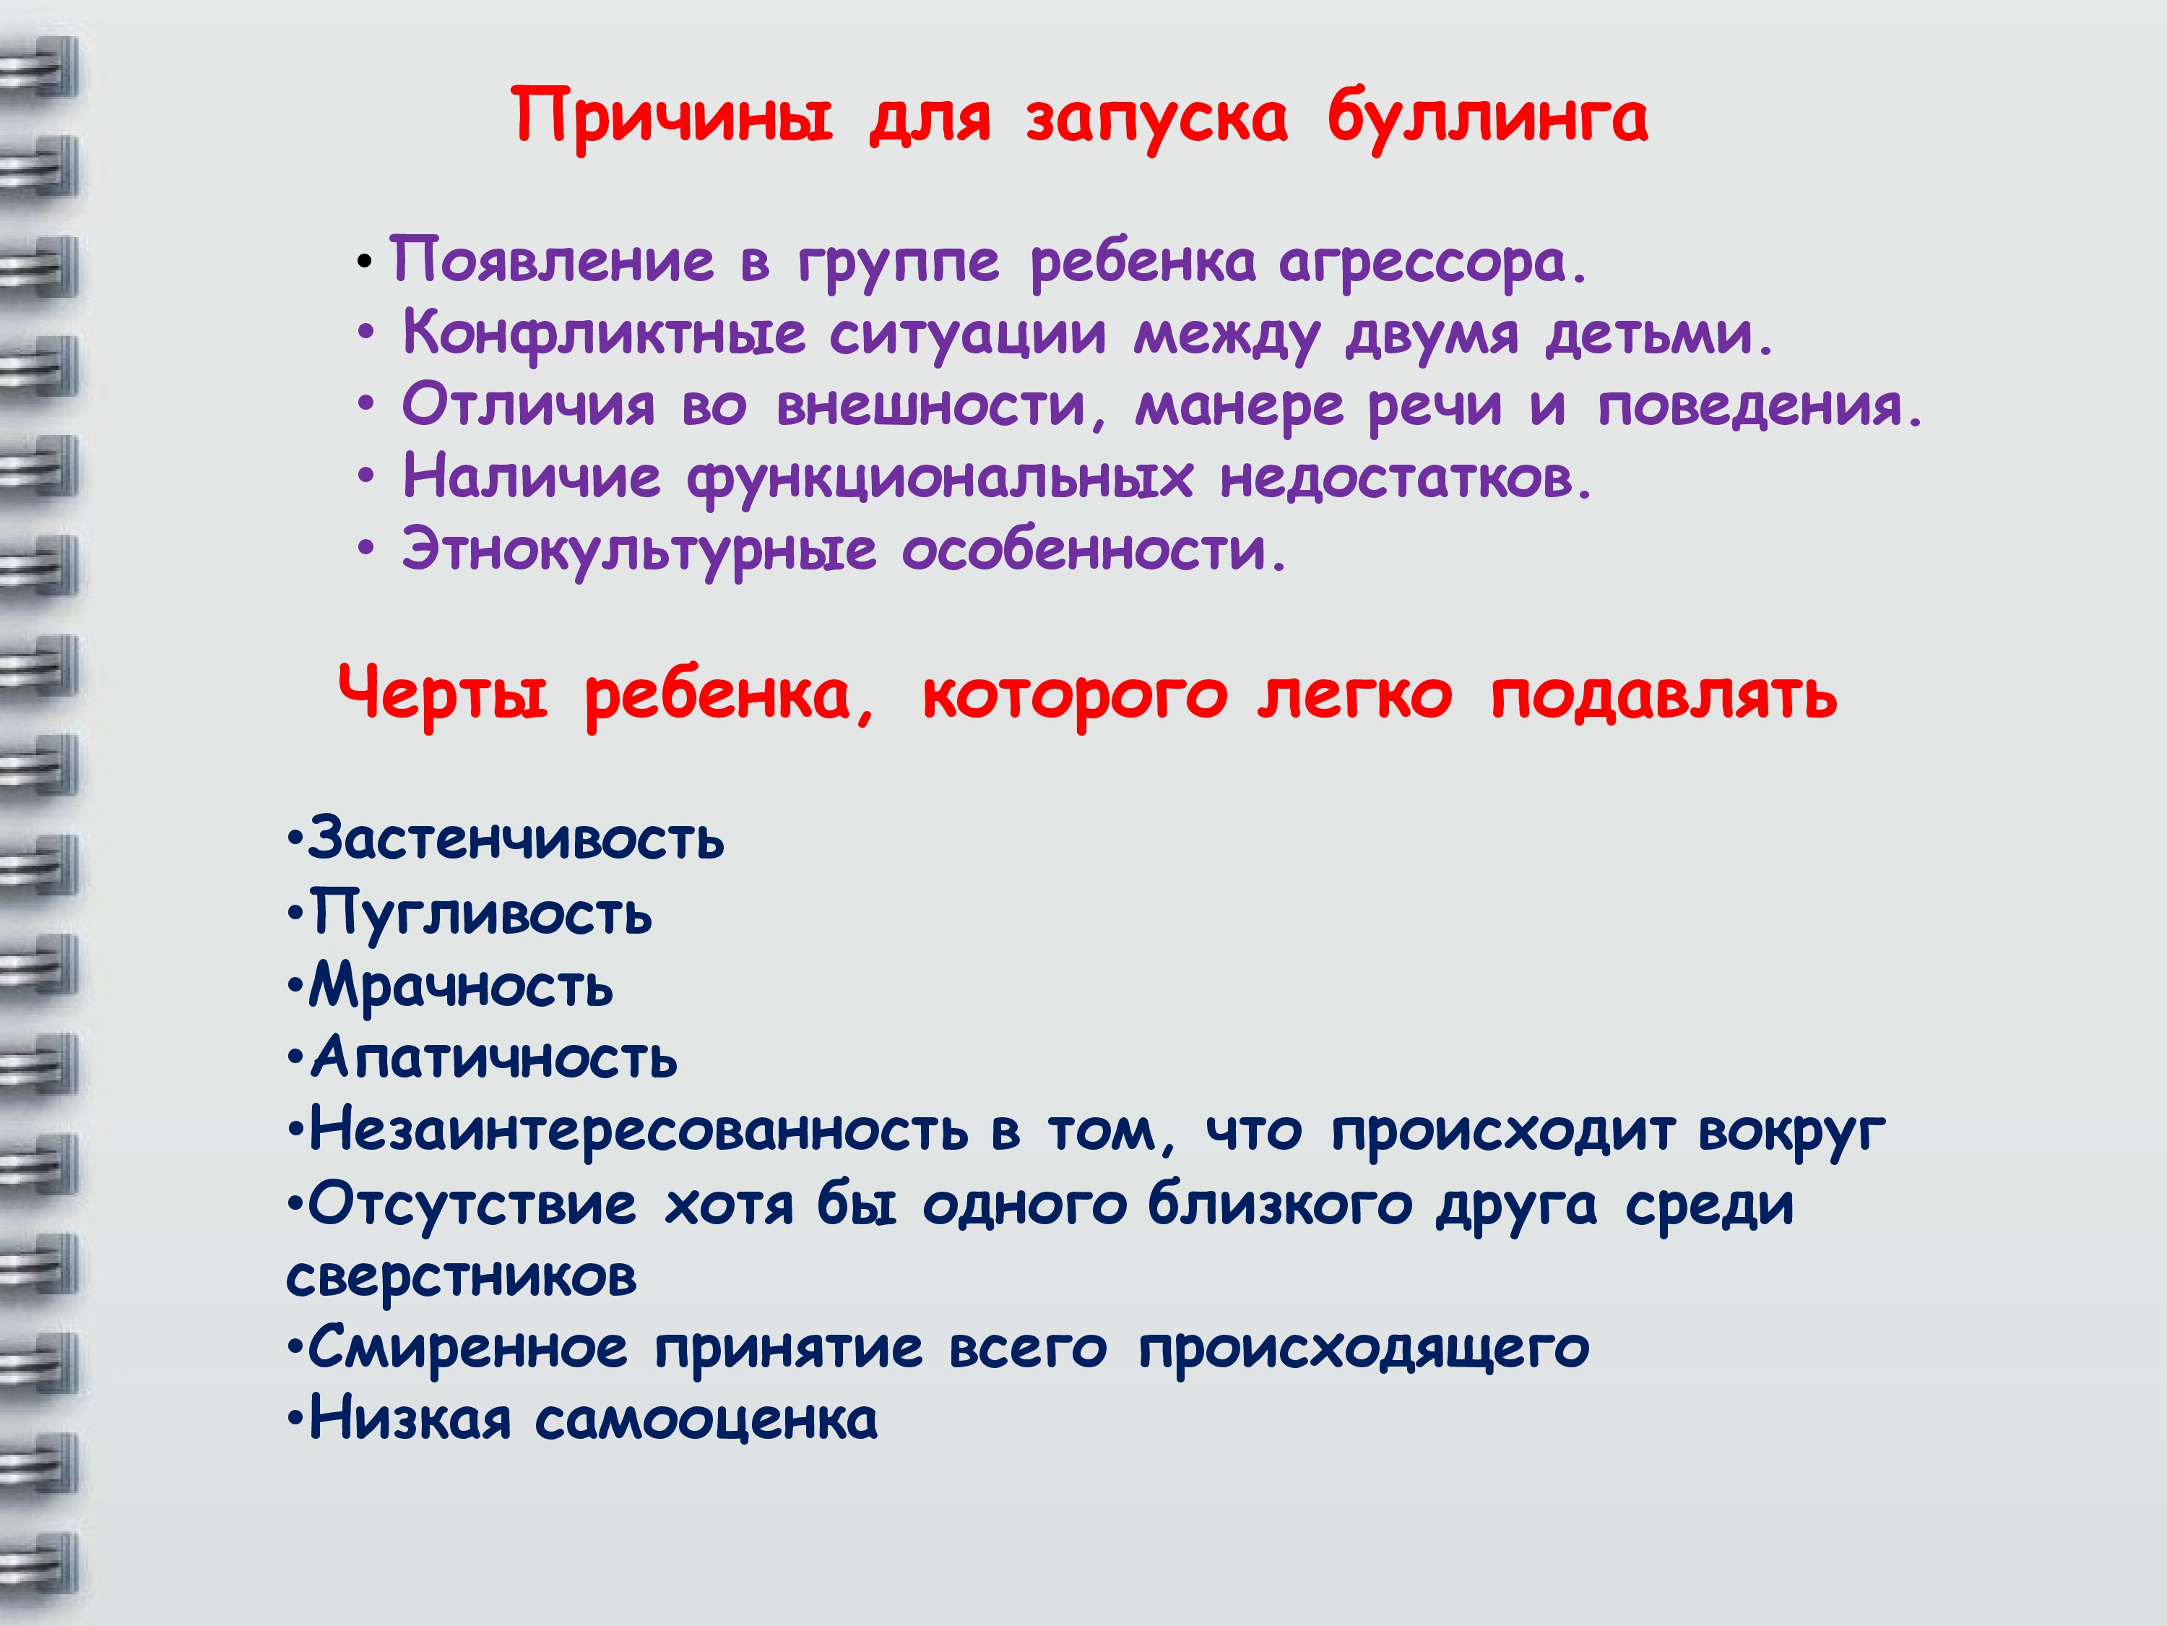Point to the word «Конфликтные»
(x=603, y=333)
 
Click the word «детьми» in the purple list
(x=1658, y=333)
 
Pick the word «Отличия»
(x=528, y=405)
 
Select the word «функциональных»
(x=940, y=479)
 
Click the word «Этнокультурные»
(x=639, y=551)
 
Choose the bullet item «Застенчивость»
(x=515, y=839)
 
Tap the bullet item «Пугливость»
(x=480, y=914)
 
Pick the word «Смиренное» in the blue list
(x=467, y=1348)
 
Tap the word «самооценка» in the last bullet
(x=705, y=1420)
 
